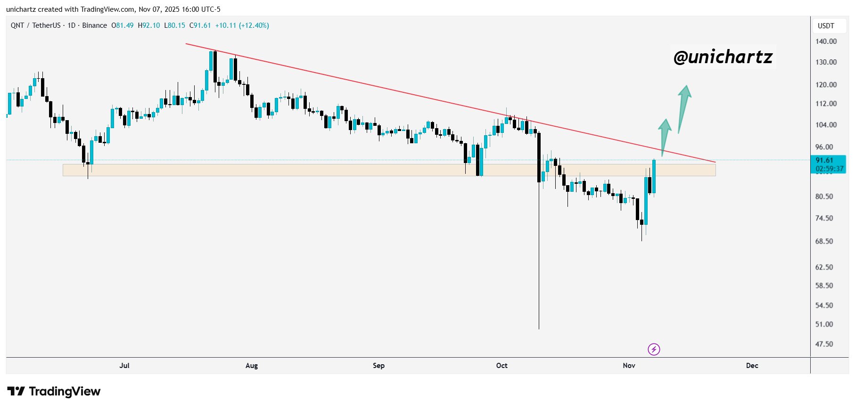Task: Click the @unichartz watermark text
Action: [723, 57]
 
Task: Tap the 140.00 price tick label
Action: [826, 41]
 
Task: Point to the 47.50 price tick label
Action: [824, 344]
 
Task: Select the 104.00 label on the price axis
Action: [826, 125]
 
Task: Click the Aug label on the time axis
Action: [252, 366]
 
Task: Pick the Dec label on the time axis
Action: [752, 366]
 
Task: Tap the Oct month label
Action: [501, 366]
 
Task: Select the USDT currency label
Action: [825, 26]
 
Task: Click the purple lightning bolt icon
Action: [654, 349]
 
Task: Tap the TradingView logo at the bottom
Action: [54, 391]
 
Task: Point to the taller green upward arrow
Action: [683, 108]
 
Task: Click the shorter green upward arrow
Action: [664, 137]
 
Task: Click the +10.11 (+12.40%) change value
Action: [242, 25]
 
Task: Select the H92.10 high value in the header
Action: [148, 25]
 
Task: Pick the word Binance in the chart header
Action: [94, 25]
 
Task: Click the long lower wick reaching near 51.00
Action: [539, 264]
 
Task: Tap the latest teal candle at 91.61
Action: [654, 177]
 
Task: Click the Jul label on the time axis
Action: [124, 366]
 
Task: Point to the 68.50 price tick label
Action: [824, 241]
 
